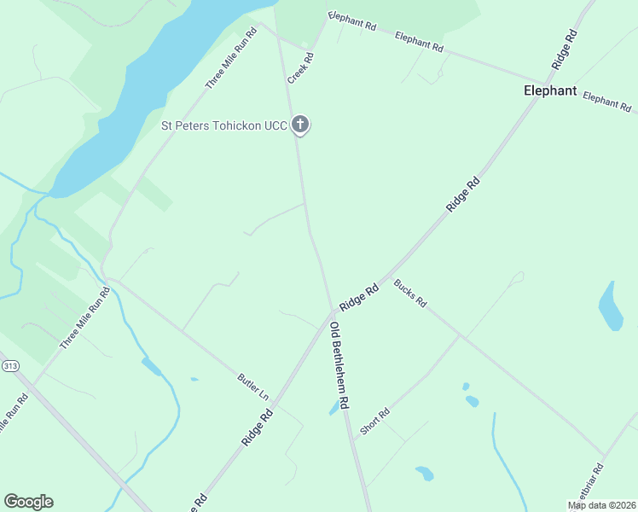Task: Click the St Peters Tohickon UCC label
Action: [x=224, y=125]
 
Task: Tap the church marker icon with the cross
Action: [x=299, y=125]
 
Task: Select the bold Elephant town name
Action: [x=550, y=90]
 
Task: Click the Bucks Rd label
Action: [x=409, y=294]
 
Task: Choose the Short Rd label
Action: [x=374, y=422]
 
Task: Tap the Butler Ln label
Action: [x=252, y=387]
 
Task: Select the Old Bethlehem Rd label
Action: [x=340, y=366]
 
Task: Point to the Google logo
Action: [x=28, y=502]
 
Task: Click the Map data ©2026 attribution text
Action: [x=601, y=505]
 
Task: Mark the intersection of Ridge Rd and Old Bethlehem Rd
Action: [x=332, y=314]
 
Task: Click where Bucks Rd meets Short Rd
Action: [x=460, y=335]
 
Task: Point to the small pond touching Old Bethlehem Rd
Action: [x=333, y=410]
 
